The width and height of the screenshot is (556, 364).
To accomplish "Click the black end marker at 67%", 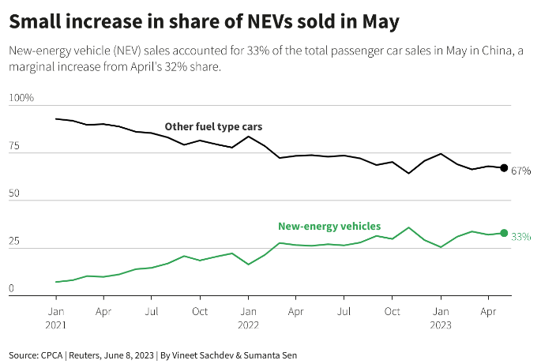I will [x=504, y=167].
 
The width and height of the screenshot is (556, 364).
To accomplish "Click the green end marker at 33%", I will [x=504, y=233].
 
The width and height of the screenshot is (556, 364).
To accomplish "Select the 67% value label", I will [x=520, y=171].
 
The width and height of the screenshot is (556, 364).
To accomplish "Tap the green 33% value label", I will [x=520, y=236].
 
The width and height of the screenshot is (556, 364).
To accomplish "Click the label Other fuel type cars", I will [x=213, y=126].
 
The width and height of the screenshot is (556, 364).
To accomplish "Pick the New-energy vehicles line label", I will [x=329, y=226].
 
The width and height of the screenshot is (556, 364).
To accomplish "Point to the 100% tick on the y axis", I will [x=21, y=98].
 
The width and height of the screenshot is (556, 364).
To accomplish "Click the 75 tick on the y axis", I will [x=14, y=146].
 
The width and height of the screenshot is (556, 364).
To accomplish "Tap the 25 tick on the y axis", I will [x=14, y=242].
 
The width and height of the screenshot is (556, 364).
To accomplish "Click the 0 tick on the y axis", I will [x=12, y=289].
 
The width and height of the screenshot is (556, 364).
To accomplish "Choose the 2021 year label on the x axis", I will [x=55, y=325].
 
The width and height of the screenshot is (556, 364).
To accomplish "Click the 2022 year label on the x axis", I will [x=248, y=325].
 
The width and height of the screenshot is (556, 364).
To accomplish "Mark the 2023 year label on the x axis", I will [x=441, y=325].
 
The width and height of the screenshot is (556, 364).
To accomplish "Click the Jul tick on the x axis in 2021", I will [x=152, y=311].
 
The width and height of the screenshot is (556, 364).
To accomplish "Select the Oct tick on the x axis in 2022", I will [x=393, y=311].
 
